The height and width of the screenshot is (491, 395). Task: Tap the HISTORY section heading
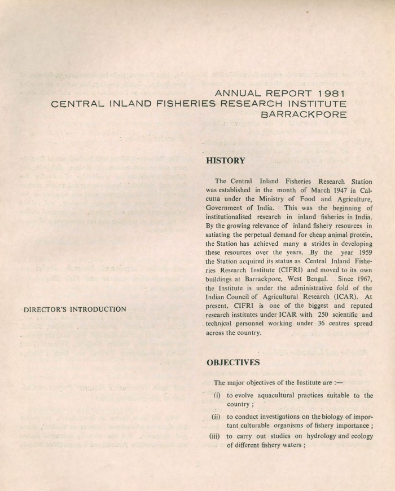coord(226,161)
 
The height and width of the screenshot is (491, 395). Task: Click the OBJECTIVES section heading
coord(233,362)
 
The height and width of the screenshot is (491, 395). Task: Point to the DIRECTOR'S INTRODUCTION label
coord(74,309)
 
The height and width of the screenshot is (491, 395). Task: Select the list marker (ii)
coord(215,417)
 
